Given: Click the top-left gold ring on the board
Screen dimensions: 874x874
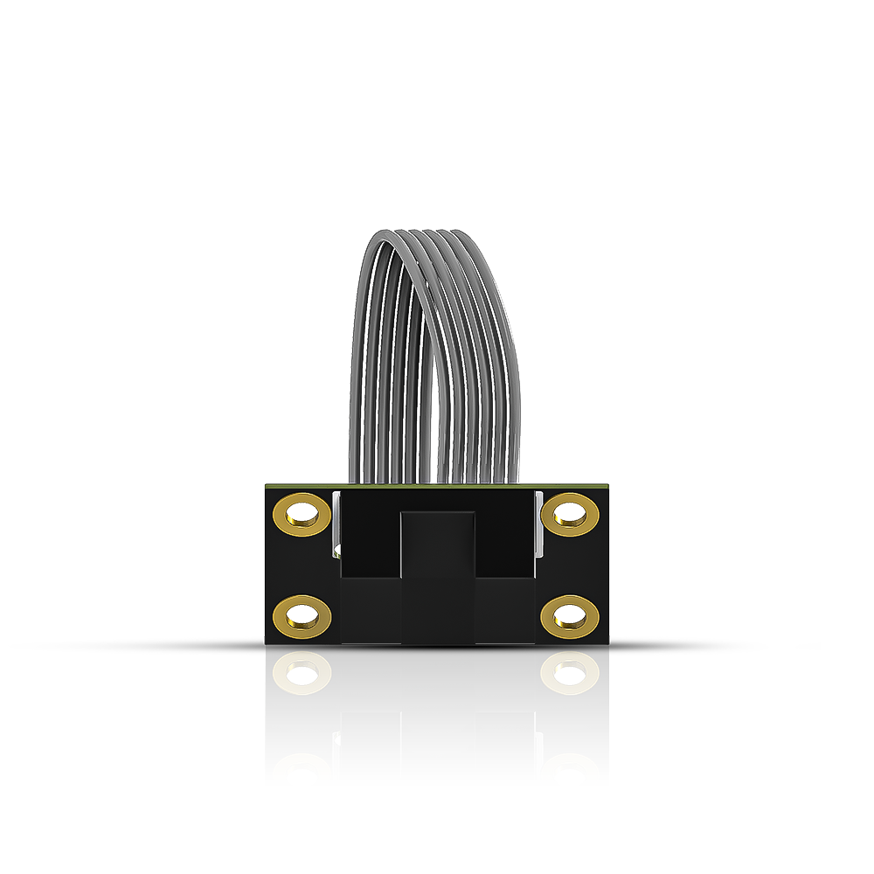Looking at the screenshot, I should (x=302, y=513).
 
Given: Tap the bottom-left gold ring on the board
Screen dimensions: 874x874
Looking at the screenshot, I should (x=302, y=616).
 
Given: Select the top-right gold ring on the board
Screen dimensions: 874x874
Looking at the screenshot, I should (x=570, y=513).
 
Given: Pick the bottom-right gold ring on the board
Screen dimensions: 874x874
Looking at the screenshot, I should (x=570, y=616).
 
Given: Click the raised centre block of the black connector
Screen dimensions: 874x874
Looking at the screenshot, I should (x=437, y=577).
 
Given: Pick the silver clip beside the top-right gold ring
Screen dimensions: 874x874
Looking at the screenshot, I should (x=539, y=524).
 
